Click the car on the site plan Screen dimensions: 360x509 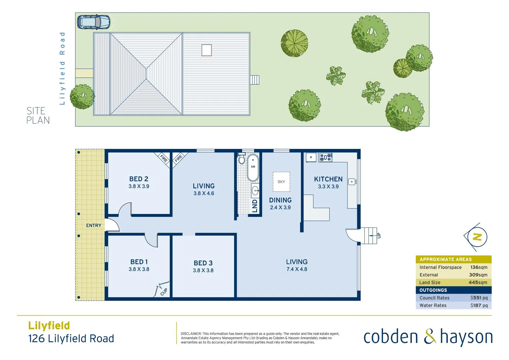pyautogui.click(x=94, y=22)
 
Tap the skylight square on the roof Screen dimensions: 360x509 pyautogui.click(x=207, y=50)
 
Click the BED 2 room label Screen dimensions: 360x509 pyautogui.click(x=139, y=179)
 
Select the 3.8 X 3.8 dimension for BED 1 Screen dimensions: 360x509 pyautogui.click(x=139, y=269)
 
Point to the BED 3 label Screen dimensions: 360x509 pyautogui.click(x=203, y=263)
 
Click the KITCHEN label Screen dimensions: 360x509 pyautogui.click(x=328, y=179)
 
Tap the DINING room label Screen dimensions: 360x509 pyautogui.click(x=280, y=200)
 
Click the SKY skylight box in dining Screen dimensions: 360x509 pyautogui.click(x=281, y=182)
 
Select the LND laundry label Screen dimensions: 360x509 pyautogui.click(x=255, y=206)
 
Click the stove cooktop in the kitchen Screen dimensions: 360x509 pyautogui.click(x=325, y=157)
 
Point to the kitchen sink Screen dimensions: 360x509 pyautogui.click(x=352, y=182)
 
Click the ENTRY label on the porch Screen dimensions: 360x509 pyautogui.click(x=94, y=226)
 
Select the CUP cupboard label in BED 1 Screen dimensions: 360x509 pyautogui.click(x=164, y=292)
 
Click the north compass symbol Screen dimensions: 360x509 pyautogui.click(x=477, y=237)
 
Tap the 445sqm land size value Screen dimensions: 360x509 pyautogui.click(x=478, y=282)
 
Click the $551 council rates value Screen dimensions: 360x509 pyautogui.click(x=479, y=298)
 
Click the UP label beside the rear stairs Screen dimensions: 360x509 pyautogui.click(x=379, y=236)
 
